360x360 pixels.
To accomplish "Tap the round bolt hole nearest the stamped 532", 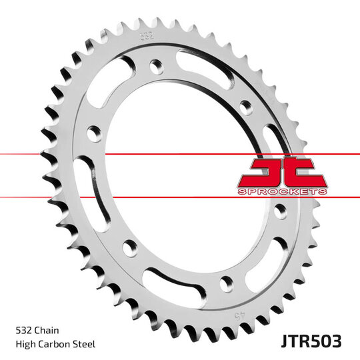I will pyautogui.click(x=155, y=65).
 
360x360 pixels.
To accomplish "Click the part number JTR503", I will pyautogui.click(x=310, y=341).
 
